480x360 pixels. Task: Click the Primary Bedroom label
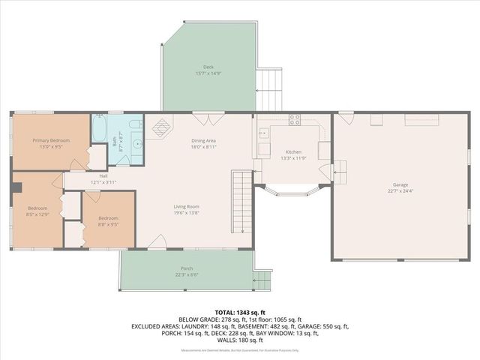tap(50, 140)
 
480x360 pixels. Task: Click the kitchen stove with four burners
tap(295, 118)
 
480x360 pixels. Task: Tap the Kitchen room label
tap(293, 151)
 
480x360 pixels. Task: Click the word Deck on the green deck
tap(198, 67)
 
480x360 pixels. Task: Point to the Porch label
tap(186, 268)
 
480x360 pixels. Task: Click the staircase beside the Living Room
tap(240, 202)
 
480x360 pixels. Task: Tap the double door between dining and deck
tap(201, 118)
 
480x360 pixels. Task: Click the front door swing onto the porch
tap(157, 241)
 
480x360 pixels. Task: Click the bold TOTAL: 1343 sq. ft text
tap(240, 311)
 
